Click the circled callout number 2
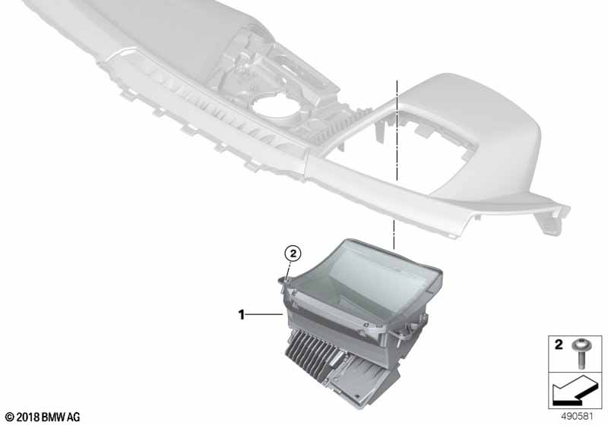point(293,254)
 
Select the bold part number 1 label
point(241,315)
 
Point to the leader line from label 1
point(264,315)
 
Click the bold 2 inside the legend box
point(559,345)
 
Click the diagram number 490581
point(578,417)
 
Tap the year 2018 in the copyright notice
point(28,417)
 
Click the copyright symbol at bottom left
point(10,417)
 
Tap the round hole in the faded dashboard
point(274,106)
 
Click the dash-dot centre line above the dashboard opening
point(397,131)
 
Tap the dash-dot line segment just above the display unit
point(394,235)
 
